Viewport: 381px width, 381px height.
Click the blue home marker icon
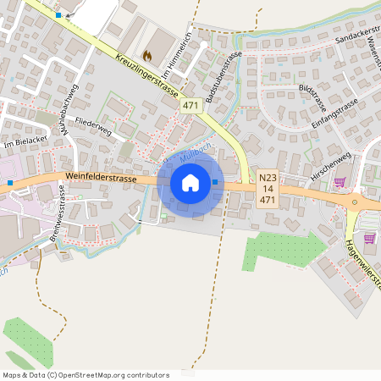click(x=190, y=183)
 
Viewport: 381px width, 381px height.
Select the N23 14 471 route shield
click(x=268, y=189)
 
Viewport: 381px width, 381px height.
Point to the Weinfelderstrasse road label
click(x=100, y=177)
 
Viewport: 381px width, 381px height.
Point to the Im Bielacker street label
click(x=23, y=144)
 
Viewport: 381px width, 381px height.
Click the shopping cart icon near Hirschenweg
click(x=340, y=182)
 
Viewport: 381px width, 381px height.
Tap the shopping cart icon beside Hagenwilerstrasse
click(x=369, y=238)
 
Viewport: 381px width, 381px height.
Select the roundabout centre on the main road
click(x=354, y=203)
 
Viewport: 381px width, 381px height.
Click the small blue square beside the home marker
click(x=215, y=181)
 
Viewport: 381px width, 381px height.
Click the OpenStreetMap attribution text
click(x=86, y=374)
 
